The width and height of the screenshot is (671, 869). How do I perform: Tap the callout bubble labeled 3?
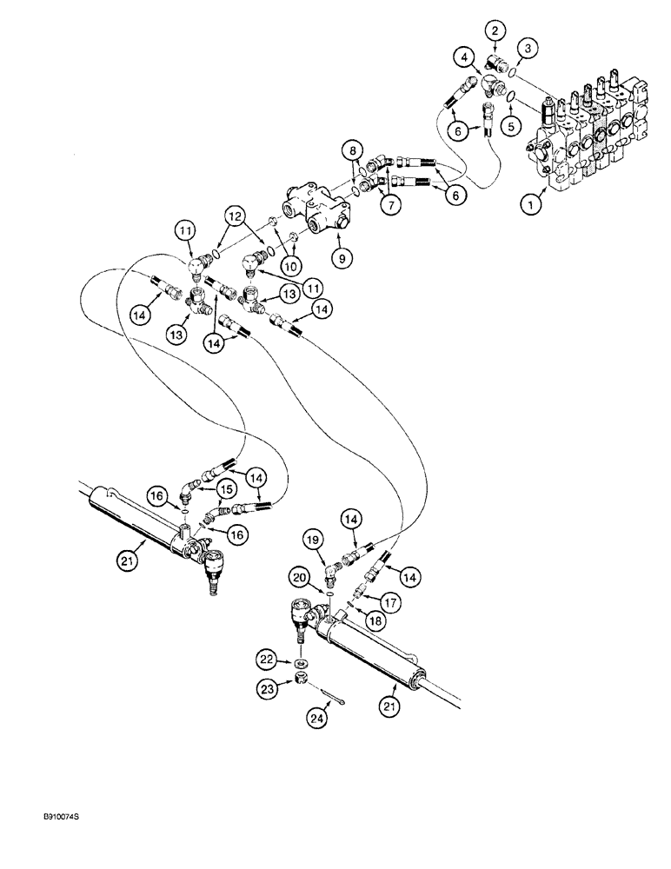(x=528, y=45)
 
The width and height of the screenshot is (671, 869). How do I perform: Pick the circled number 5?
(x=511, y=123)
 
